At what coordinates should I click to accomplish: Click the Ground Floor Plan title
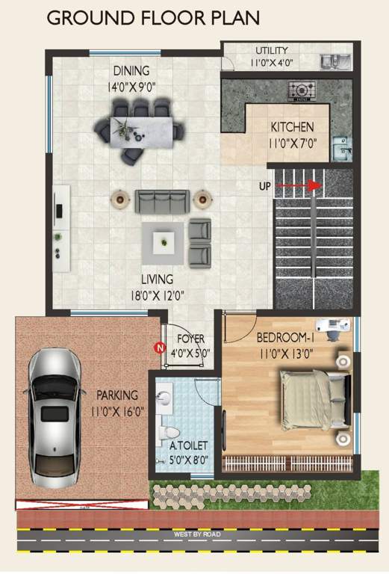(154, 17)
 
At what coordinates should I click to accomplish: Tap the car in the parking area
(54, 419)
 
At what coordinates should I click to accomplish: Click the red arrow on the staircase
(307, 186)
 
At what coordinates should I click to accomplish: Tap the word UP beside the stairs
(264, 186)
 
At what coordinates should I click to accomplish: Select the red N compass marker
(158, 347)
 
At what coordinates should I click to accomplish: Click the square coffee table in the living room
(163, 241)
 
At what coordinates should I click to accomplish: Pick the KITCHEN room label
(292, 127)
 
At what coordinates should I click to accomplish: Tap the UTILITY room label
(272, 51)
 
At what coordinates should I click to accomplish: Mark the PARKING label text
(116, 395)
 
